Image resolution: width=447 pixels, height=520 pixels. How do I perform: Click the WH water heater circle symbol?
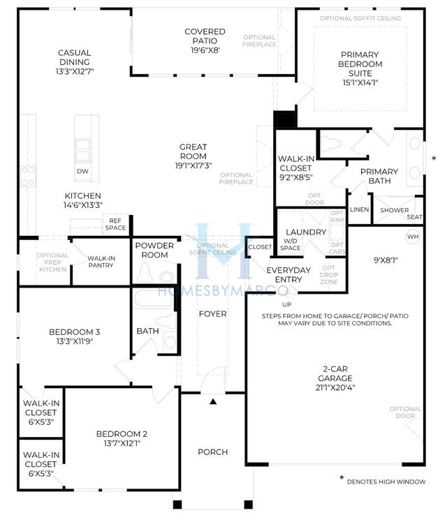[412, 237]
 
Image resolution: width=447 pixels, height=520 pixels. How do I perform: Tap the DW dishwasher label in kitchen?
[82, 170]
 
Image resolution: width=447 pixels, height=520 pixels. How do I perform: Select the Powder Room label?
[154, 250]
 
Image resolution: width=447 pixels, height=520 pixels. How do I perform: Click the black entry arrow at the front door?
[213, 401]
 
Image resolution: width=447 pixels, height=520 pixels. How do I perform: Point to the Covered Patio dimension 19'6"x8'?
[205, 51]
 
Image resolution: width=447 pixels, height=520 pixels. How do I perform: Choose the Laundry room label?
[306, 232]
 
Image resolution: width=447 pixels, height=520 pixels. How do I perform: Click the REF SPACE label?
[116, 223]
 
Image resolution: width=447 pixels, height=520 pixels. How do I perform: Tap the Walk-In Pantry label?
[101, 262]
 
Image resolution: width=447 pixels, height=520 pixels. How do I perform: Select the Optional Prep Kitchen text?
[53, 262]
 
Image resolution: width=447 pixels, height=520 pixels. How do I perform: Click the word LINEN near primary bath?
[359, 209]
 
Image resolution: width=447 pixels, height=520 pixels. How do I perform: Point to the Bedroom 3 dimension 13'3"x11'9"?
[74, 342]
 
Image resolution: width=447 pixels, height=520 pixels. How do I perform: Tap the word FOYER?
[213, 313]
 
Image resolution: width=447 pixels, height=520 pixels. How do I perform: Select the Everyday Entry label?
[285, 274]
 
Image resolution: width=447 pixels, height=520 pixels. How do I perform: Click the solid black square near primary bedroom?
[286, 119]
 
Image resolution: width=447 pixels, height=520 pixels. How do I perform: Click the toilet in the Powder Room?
[147, 275]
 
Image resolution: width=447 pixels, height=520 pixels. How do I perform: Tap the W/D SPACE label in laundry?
[291, 245]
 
